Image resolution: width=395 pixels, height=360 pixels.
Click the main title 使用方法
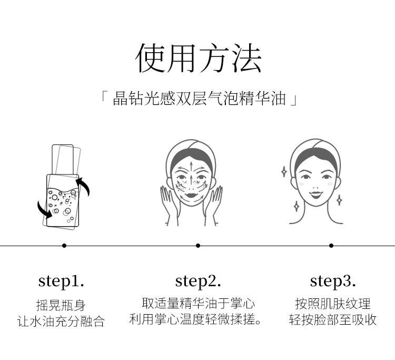point(198,58)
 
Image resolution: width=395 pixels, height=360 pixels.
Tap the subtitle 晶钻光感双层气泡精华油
point(199,99)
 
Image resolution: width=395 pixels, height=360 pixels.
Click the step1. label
point(61,281)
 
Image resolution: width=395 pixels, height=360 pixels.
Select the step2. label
point(198,281)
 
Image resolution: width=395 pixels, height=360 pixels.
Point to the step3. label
point(333,281)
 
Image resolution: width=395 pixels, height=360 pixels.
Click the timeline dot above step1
point(64,246)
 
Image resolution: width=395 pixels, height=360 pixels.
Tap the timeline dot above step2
point(198,246)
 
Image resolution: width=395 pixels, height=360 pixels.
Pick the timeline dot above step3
point(331,246)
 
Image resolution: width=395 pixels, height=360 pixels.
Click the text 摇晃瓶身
point(61,305)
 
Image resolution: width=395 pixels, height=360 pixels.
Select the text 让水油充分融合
point(61,322)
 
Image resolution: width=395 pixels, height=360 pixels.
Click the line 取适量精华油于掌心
point(198,304)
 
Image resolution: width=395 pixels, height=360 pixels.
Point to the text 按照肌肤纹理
point(333,304)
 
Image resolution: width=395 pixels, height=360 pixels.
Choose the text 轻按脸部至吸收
point(333,320)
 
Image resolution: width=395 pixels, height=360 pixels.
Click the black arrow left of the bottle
point(44,210)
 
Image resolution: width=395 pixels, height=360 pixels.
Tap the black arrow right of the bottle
point(84,186)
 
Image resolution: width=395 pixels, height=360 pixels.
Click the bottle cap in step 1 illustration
point(63,159)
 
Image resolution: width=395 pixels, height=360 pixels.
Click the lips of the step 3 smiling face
point(316,194)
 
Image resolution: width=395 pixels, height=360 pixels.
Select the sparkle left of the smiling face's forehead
point(284,172)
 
